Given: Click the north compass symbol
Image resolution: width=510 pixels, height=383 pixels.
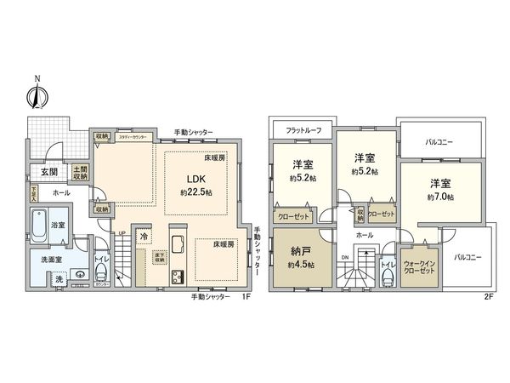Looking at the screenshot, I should (36, 94).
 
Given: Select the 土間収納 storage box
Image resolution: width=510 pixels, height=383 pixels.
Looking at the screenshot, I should (81, 173).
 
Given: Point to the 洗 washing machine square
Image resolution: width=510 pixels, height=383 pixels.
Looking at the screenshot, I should (59, 279).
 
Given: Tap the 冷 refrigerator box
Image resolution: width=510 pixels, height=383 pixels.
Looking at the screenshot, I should (144, 236).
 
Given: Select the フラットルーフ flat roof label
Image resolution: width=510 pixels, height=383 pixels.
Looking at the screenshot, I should (303, 129).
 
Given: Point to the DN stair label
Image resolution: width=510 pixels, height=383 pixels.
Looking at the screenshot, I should (343, 255).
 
